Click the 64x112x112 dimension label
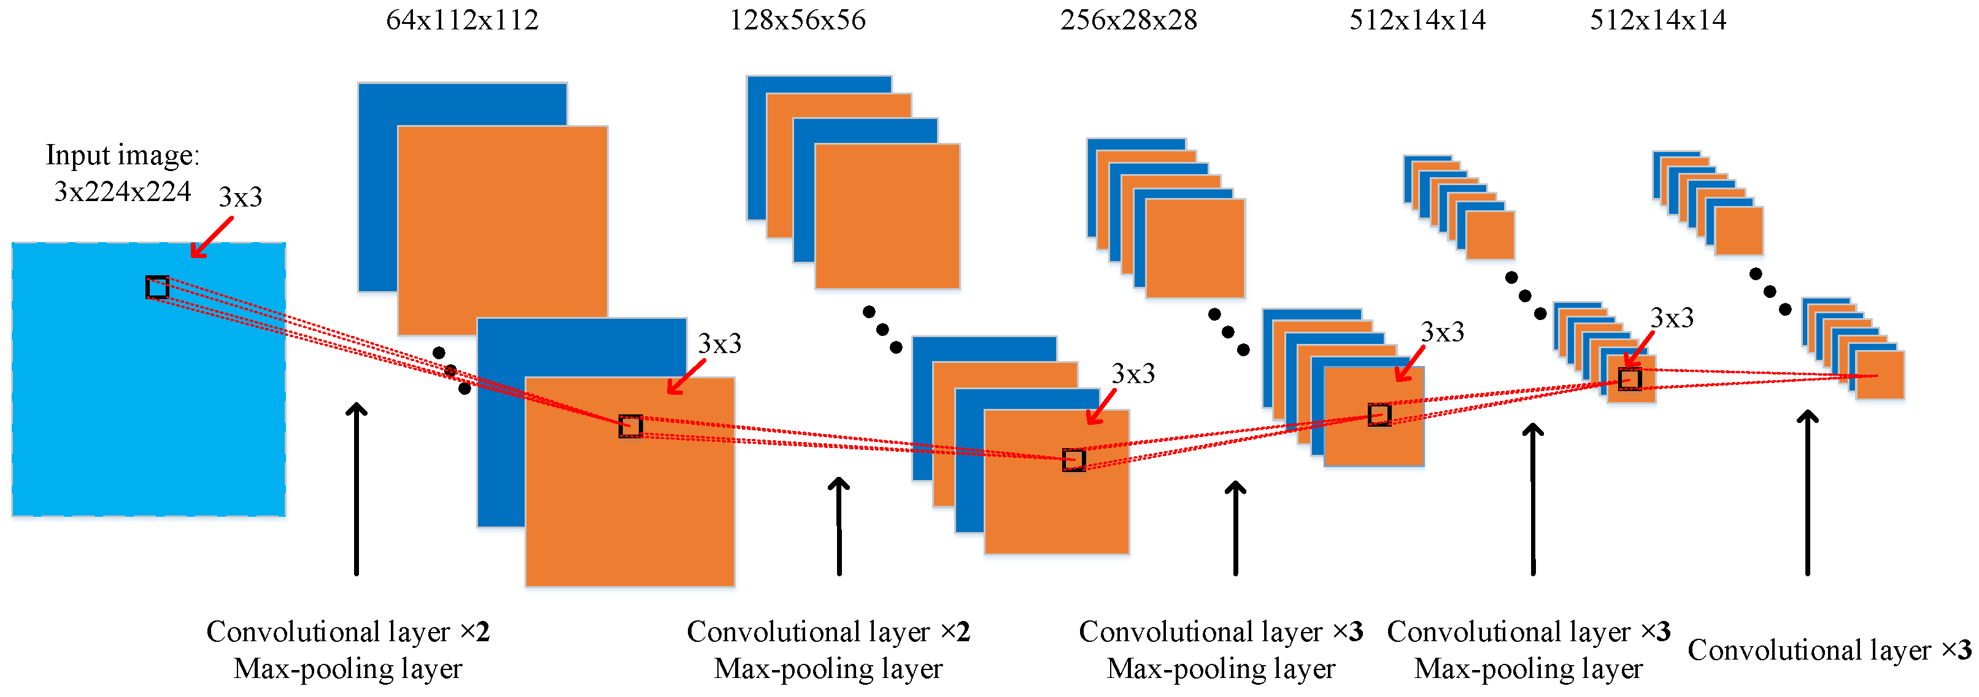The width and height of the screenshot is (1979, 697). (461, 20)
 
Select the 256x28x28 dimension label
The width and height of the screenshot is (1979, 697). (1128, 20)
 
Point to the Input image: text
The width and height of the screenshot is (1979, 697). (122, 155)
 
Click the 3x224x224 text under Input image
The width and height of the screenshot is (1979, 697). (122, 191)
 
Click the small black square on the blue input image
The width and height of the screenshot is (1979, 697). (158, 287)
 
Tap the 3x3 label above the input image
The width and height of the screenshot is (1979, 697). (241, 197)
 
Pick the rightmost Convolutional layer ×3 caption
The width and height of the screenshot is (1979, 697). (1829, 650)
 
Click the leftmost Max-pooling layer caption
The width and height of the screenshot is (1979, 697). (347, 669)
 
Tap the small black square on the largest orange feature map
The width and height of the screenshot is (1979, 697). (631, 426)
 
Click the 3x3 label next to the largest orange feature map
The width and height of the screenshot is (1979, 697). (719, 344)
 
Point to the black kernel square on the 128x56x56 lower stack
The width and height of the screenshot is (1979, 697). (1073, 460)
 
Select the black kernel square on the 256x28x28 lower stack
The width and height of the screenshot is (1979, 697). (1379, 414)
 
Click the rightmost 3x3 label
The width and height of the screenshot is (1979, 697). (1672, 318)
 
